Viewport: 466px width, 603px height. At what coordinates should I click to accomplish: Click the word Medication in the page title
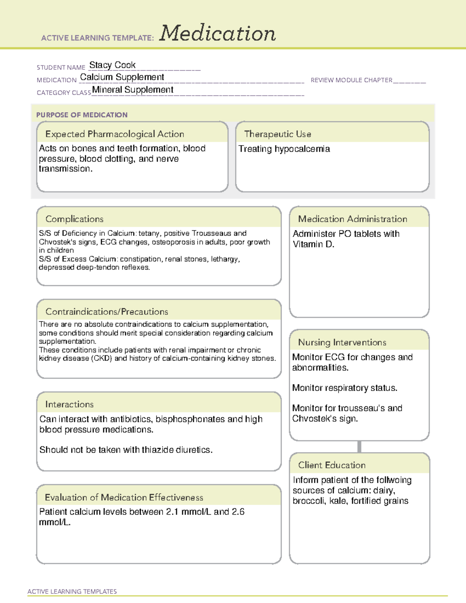(217, 33)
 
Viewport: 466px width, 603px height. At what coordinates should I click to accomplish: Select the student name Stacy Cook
(112, 65)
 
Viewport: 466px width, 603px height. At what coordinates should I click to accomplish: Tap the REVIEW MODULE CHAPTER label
(351, 80)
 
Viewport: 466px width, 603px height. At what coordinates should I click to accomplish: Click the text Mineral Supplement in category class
(132, 90)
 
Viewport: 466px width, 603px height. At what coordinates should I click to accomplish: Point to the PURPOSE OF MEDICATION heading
(82, 115)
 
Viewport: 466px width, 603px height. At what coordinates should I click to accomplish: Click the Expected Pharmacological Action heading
(115, 134)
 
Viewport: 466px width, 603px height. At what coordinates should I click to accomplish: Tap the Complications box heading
(74, 219)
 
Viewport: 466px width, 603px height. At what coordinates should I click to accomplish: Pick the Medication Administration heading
(352, 219)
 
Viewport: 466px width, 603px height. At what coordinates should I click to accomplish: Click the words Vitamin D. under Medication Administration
(313, 244)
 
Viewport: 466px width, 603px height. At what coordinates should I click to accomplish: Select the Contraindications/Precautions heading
(106, 312)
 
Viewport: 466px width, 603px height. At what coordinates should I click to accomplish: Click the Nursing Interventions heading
(342, 342)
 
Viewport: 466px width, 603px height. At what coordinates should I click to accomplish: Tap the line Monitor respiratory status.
(344, 388)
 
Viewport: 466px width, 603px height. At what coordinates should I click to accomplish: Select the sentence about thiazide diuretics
(126, 450)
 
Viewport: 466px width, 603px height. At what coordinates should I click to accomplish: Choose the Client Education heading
(332, 465)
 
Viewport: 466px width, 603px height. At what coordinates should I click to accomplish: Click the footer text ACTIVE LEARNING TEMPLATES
(72, 591)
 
